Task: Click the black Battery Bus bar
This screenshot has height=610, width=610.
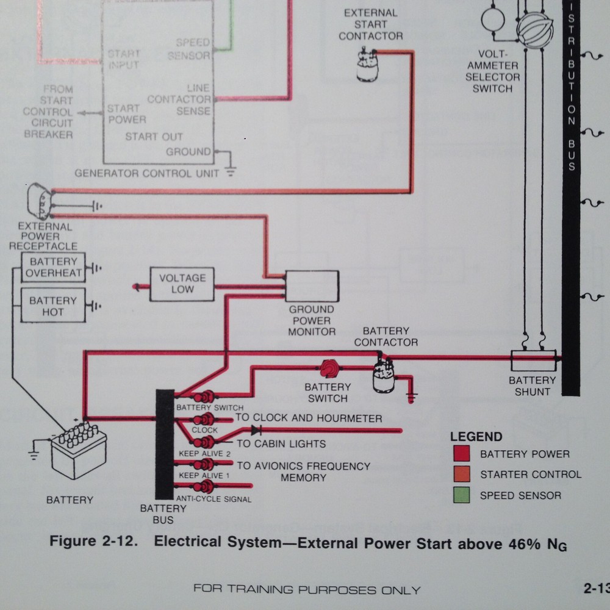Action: pyautogui.click(x=165, y=444)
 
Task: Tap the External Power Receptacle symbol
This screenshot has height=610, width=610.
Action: pyautogui.click(x=40, y=201)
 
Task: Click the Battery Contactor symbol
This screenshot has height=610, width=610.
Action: pyautogui.click(x=383, y=376)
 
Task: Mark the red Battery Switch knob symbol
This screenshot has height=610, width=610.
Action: pyautogui.click(x=329, y=368)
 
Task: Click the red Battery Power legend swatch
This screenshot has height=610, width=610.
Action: pyautogui.click(x=461, y=453)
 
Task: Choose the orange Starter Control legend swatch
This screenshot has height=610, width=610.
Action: pyautogui.click(x=461, y=474)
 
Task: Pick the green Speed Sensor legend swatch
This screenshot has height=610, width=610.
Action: pyautogui.click(x=461, y=495)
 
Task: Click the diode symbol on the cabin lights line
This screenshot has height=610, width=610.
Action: pyautogui.click(x=256, y=430)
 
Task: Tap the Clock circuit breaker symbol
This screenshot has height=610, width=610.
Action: pyautogui.click(x=204, y=420)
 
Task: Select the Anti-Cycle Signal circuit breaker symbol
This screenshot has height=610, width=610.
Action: pyautogui.click(x=204, y=486)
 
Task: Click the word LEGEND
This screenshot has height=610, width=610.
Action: pyautogui.click(x=476, y=437)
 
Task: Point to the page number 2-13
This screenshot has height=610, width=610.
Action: pyautogui.click(x=597, y=588)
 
